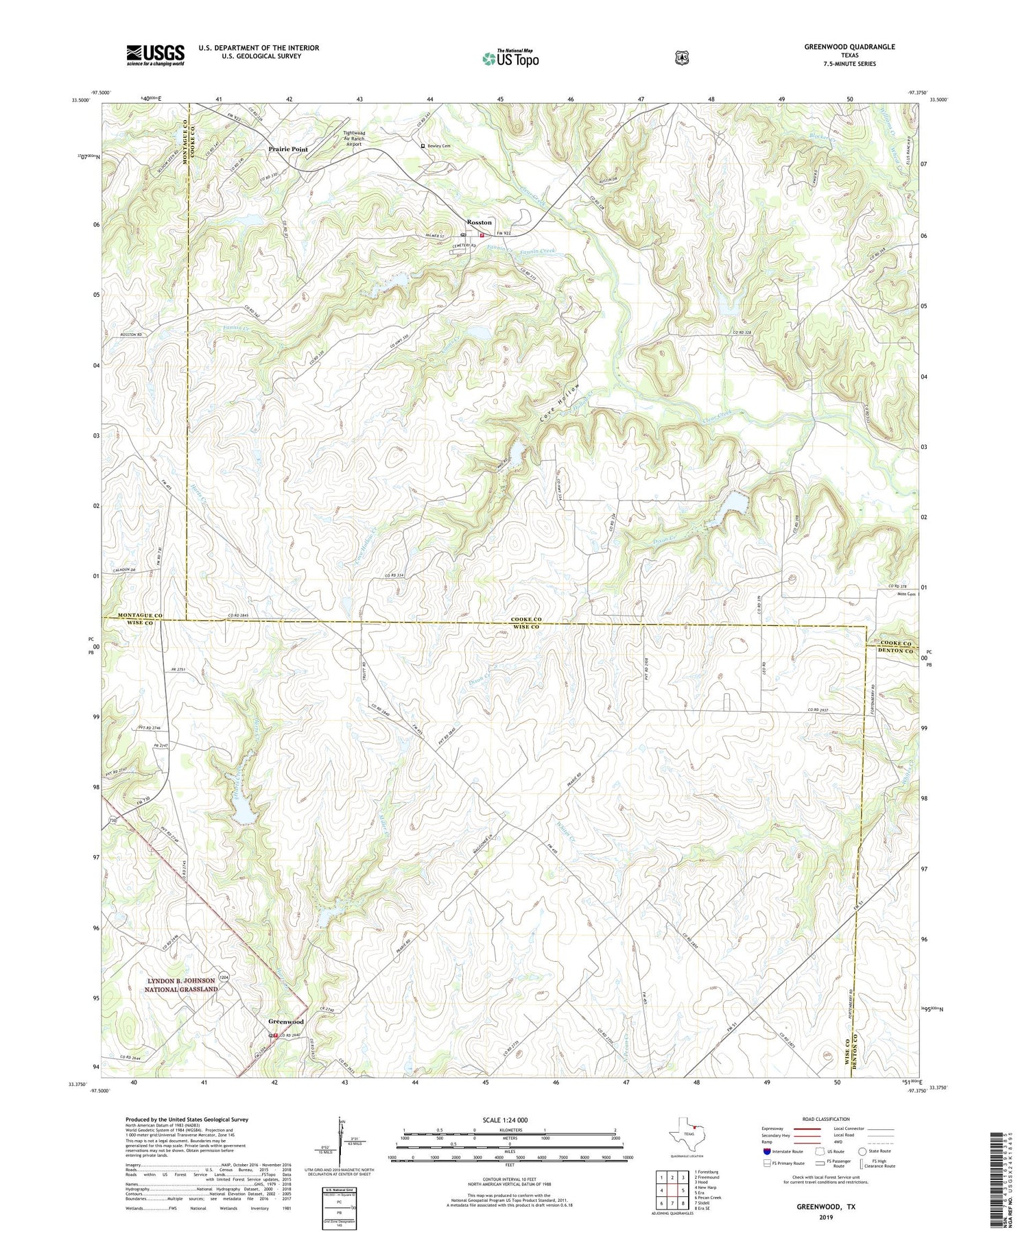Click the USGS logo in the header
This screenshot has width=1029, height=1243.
click(155, 55)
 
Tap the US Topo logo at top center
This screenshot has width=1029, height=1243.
click(510, 58)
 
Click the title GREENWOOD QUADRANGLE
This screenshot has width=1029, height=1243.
click(849, 47)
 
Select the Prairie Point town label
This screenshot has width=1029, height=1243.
click(288, 149)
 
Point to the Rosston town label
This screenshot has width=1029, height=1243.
click(479, 222)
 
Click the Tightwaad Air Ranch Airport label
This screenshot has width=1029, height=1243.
click(353, 138)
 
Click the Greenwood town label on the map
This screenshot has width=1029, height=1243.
click(285, 1022)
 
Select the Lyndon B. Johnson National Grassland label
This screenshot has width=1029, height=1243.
click(180, 985)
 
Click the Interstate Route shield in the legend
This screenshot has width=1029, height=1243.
click(766, 1151)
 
